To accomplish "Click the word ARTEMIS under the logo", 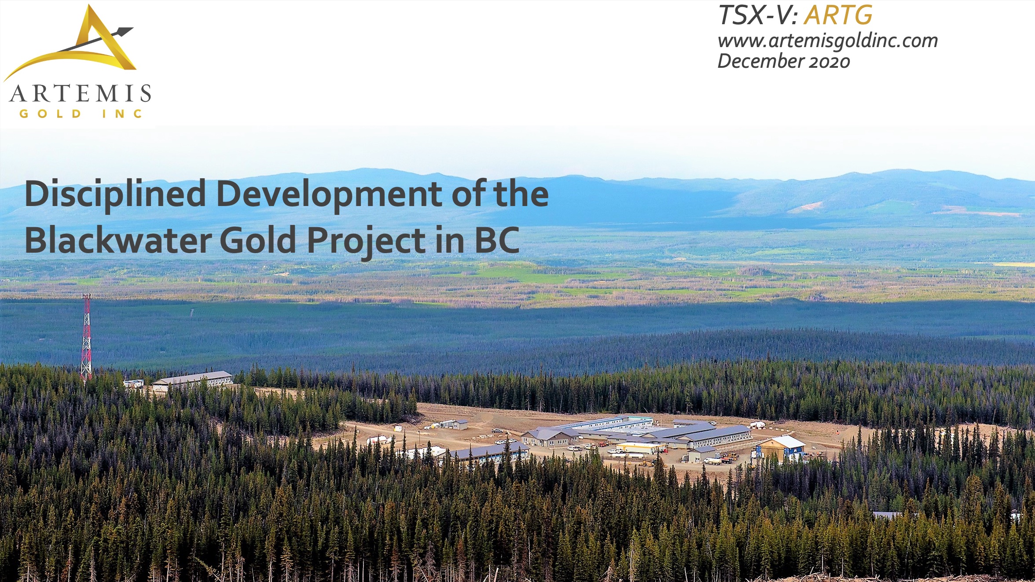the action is [80, 94].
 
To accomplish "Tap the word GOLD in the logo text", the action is [51, 114].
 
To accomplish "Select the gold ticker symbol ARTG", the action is [838, 15].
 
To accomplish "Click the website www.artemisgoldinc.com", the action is [828, 41].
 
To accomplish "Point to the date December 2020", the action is [784, 61].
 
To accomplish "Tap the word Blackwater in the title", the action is [118, 240].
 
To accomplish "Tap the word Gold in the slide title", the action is [258, 240].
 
